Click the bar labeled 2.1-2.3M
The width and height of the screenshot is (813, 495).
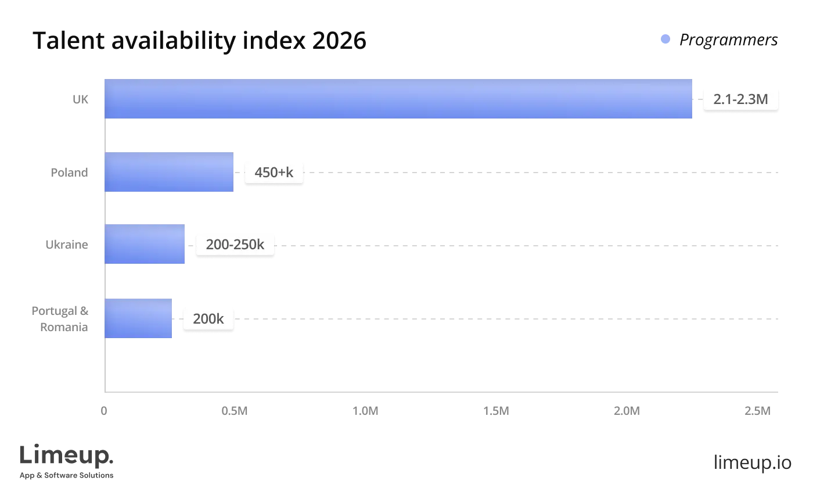398,100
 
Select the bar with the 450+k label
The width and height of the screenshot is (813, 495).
170,172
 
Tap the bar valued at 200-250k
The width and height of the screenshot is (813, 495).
145,244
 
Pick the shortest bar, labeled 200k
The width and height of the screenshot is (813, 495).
138,318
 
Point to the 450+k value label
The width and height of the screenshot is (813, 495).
274,173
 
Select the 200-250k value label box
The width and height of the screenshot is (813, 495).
235,245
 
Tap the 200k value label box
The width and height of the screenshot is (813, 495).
208,318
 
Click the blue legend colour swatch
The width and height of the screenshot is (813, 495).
666,40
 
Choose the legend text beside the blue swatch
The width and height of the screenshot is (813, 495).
728,40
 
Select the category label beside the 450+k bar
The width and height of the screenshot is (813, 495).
70,173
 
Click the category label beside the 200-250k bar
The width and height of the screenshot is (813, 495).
65,245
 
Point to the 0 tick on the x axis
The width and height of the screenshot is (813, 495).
103,411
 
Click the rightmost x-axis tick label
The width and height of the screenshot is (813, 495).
757,411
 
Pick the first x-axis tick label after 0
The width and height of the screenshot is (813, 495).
235,411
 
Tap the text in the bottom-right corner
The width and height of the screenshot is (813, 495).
751,460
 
